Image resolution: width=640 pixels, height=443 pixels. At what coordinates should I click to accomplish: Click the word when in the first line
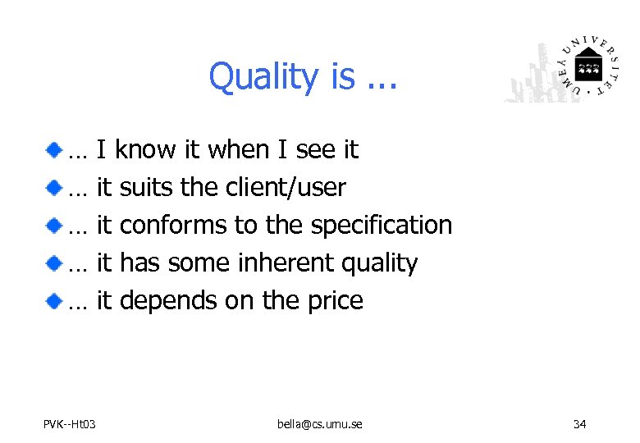pos(238,150)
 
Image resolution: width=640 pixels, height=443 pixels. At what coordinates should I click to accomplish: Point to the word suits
pos(148,188)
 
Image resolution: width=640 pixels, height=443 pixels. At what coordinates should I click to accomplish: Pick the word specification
pos(382,226)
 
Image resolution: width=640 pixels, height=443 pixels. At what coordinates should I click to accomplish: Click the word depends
pos(168,301)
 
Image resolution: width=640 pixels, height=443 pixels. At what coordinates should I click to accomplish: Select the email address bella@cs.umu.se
pos(320,424)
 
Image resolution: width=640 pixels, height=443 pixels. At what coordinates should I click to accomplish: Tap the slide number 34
pos(579,424)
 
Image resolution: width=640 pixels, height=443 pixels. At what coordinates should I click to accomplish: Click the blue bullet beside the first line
pos(53,149)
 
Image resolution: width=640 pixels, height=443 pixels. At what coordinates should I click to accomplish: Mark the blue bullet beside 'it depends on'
pos(53,300)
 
